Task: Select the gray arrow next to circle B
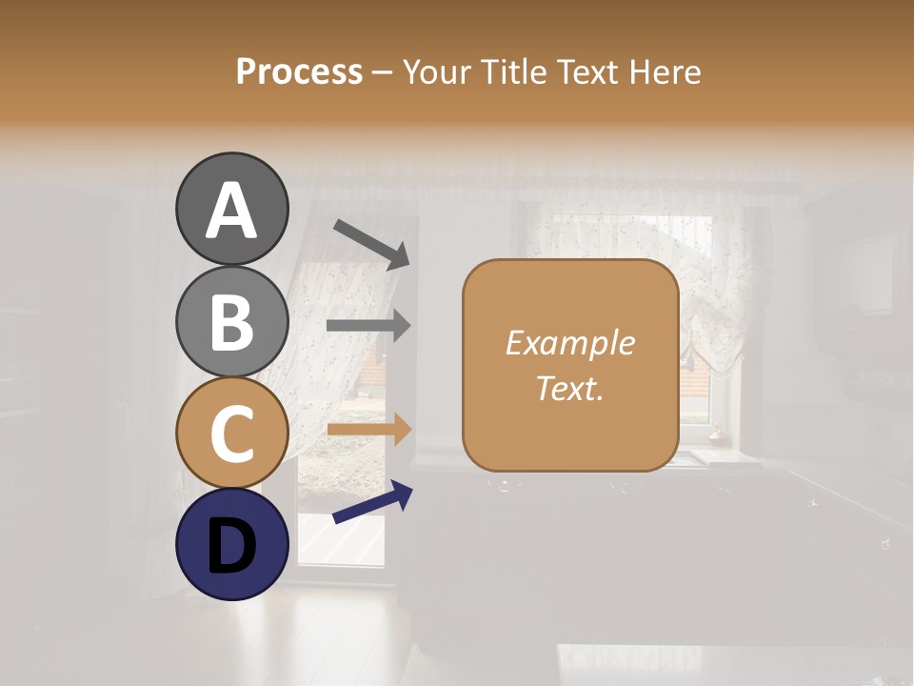click(368, 325)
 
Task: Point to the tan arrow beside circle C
click(368, 429)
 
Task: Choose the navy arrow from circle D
click(372, 503)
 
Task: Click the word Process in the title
click(299, 71)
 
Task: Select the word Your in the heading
click(437, 71)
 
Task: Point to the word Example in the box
click(569, 343)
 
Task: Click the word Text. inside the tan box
click(569, 388)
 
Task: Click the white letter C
click(231, 434)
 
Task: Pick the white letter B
click(231, 322)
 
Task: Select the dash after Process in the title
click(382, 73)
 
